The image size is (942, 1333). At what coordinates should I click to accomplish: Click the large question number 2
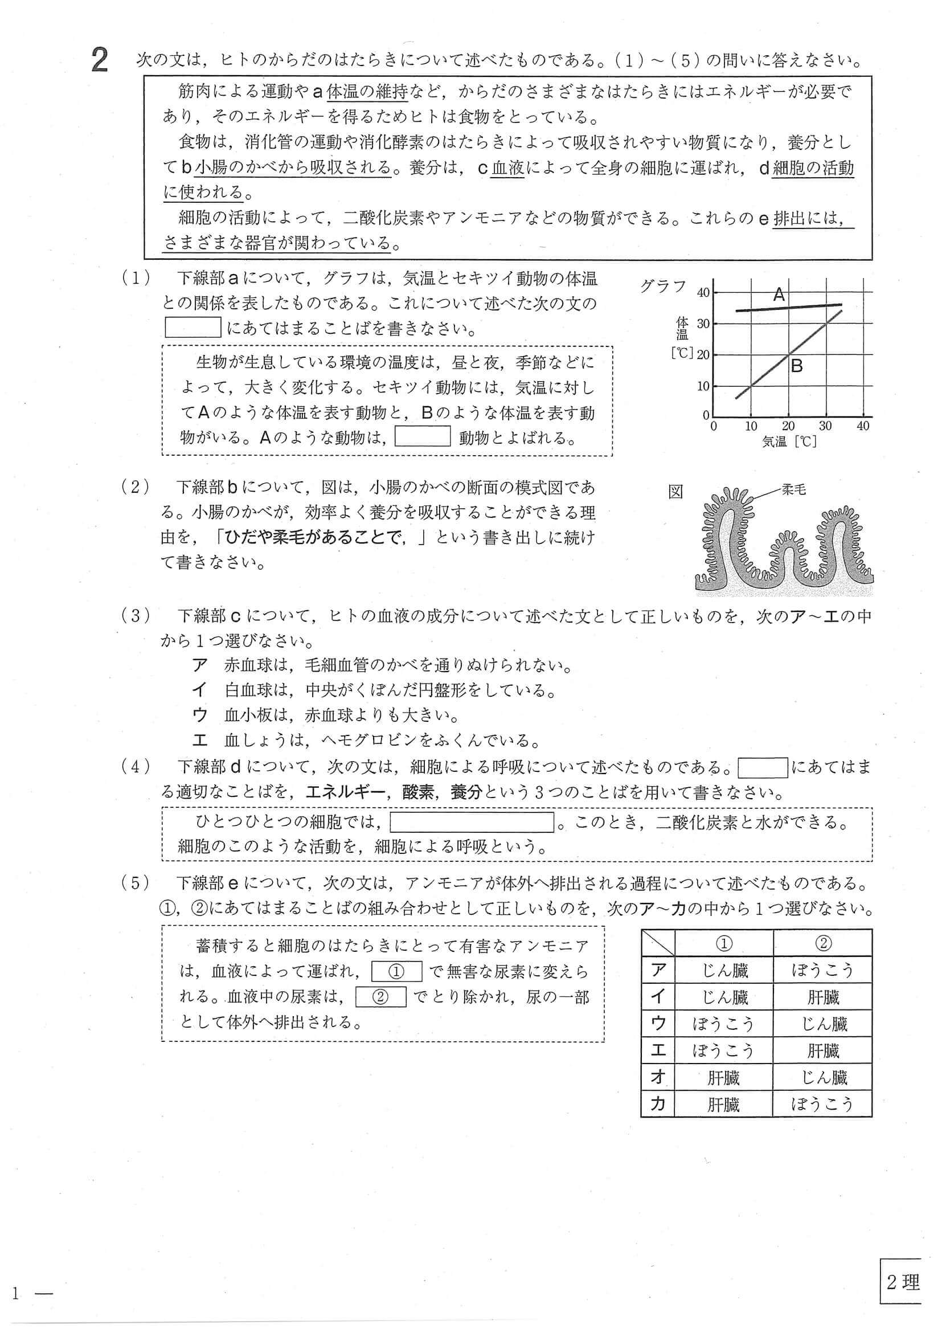pos(100,61)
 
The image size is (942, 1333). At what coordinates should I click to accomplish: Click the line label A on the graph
pos(779,295)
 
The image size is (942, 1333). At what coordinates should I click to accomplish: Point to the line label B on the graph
pos(797,366)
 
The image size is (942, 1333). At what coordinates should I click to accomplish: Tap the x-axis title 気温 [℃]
pos(789,442)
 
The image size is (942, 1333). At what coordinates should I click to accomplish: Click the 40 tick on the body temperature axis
pos(703,293)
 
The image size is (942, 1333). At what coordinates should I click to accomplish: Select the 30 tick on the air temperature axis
pos(825,426)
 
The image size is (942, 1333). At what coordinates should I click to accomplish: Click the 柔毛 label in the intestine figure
pos(793,489)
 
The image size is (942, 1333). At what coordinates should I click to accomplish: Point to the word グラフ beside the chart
pos(664,286)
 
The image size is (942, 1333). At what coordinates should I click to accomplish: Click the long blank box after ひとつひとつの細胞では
pos(472,822)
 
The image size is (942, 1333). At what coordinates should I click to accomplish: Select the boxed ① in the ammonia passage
pos(396,971)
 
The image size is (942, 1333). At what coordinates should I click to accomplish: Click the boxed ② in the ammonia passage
pos(380,997)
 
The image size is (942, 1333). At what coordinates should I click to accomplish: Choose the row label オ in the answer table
pos(658,1078)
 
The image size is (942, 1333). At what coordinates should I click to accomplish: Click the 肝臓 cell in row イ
pos(822,997)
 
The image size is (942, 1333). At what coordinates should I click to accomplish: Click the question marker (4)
pos(135,767)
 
